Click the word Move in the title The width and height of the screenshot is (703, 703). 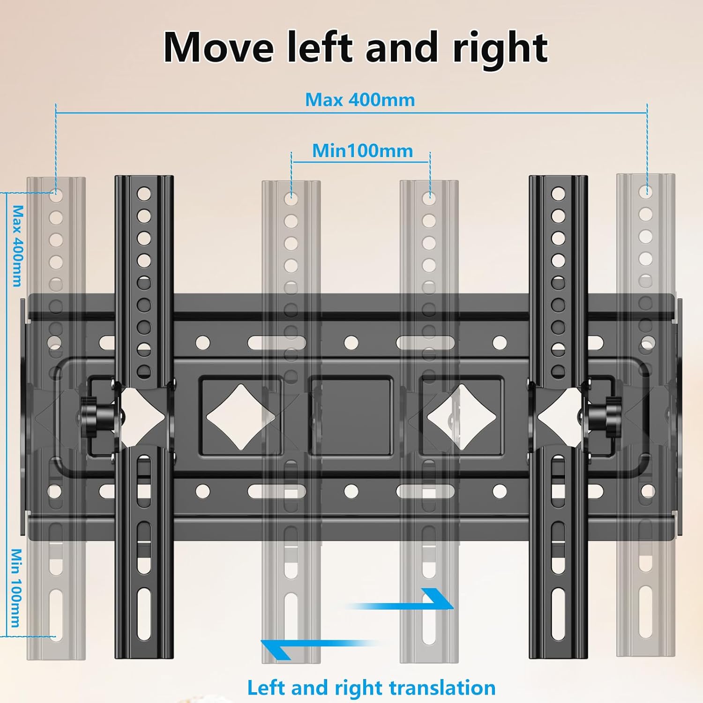click(x=218, y=47)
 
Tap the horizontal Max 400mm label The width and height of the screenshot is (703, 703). click(x=360, y=100)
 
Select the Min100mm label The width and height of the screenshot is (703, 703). click(x=362, y=151)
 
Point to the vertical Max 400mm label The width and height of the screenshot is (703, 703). click(x=17, y=246)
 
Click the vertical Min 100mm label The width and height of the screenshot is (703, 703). click(x=16, y=588)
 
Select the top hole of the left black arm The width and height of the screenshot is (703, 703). click(x=144, y=194)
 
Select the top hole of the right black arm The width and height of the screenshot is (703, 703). click(x=558, y=194)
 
